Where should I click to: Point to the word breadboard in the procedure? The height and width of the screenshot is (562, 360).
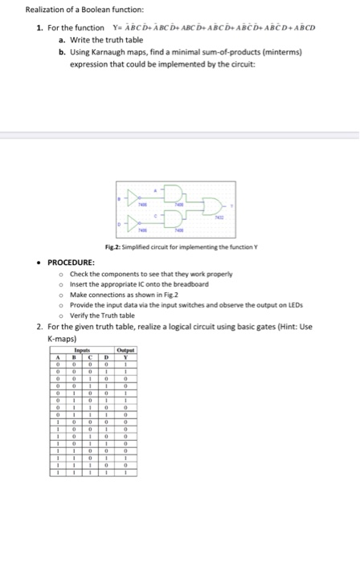[x=191, y=284]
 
